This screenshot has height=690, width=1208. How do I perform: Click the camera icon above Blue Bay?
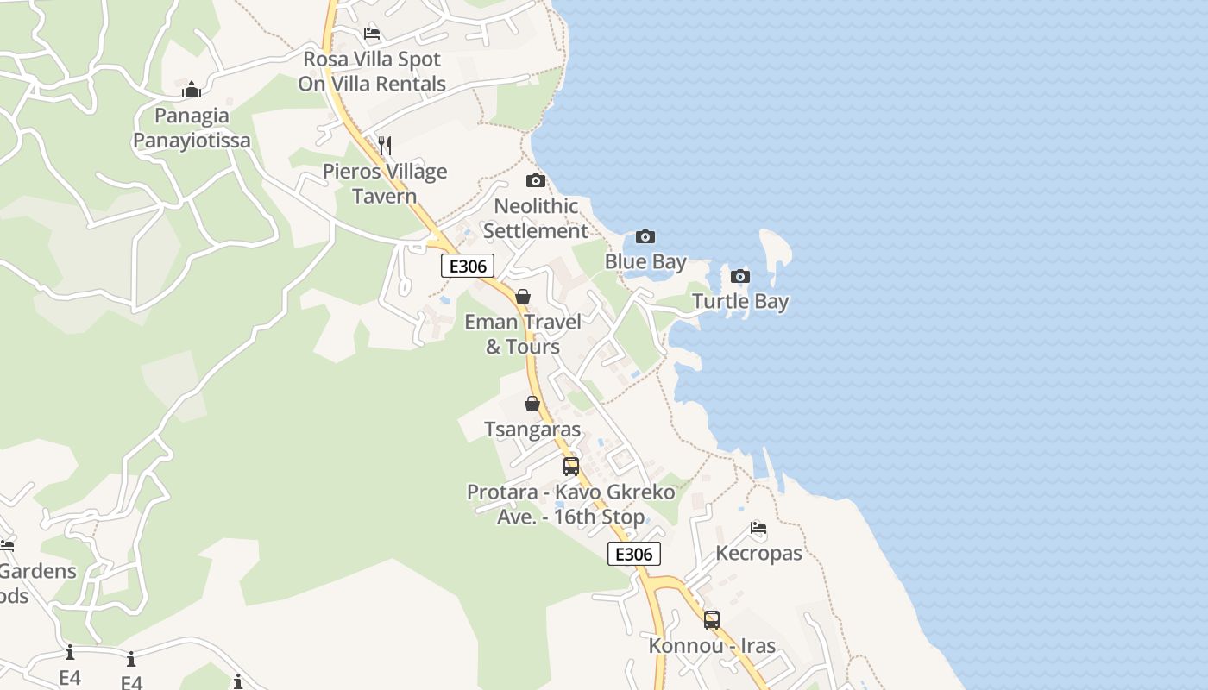(645, 237)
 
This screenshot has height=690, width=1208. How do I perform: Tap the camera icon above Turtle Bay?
(739, 277)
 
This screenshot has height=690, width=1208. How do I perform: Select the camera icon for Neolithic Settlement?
(536, 181)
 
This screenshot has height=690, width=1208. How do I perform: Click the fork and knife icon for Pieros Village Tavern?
(385, 146)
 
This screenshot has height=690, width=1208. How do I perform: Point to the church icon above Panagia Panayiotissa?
(192, 90)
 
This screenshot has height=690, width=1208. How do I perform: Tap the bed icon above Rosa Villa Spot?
(372, 34)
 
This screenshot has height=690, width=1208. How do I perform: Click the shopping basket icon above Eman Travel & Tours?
(522, 298)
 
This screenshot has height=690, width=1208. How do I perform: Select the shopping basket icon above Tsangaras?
(532, 404)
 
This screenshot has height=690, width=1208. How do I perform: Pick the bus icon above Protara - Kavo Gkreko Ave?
(571, 467)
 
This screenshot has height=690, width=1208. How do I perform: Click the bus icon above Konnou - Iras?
(712, 620)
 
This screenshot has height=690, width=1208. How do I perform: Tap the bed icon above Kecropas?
(758, 528)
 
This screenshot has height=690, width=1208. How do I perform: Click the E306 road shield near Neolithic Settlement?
(468, 266)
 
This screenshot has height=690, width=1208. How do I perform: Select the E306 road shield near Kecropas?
(634, 554)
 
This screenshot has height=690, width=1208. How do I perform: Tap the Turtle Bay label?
(740, 301)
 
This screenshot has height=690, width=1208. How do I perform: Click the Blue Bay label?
(645, 261)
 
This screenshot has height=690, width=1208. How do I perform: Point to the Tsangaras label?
(532, 429)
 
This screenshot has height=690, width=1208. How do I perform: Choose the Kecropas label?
(758, 553)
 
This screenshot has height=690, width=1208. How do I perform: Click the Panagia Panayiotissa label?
(192, 128)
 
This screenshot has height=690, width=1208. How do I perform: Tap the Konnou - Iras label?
(712, 645)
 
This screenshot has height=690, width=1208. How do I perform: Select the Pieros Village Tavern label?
(385, 183)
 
